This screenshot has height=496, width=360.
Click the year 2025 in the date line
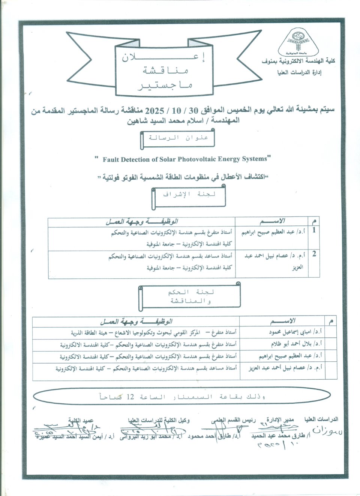coord(154,111)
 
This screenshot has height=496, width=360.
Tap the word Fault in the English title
coord(111,159)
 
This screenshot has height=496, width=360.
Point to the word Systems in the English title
coord(254,159)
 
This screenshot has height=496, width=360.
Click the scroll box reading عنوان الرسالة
coord(178,138)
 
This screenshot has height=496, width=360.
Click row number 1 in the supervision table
coord(314,230)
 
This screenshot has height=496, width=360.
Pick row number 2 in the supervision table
coord(314,254)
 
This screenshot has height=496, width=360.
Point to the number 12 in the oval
coord(130,397)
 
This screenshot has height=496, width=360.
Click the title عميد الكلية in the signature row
coord(81,421)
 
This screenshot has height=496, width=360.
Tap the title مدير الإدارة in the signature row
coord(280,419)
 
